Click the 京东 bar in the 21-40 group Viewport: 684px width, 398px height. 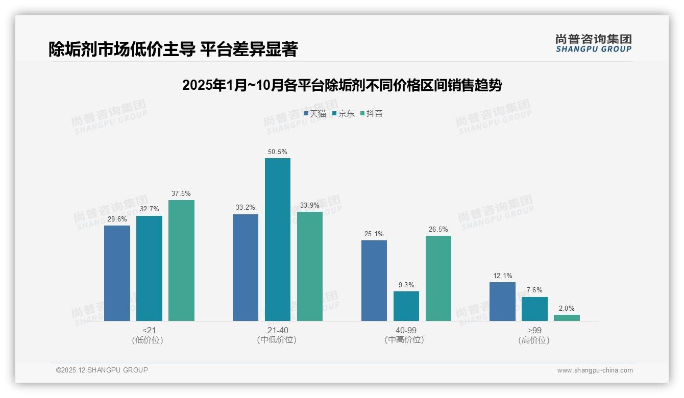tap(277, 239)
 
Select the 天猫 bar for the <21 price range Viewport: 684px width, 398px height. tap(117, 273)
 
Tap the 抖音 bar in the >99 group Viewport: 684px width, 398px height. tap(567, 318)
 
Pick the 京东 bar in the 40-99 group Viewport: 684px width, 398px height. tap(406, 306)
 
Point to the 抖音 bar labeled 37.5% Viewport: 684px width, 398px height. tap(181, 260)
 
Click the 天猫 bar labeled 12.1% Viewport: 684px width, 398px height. tap(502, 302)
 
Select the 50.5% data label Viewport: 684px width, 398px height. tap(277, 152)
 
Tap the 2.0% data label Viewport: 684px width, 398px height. tap(567, 308)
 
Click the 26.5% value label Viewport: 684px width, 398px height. tap(438, 229)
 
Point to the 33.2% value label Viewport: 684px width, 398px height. tap(246, 208)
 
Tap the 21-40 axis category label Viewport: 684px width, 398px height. tap(277, 331)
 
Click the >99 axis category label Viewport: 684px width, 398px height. tap(534, 331)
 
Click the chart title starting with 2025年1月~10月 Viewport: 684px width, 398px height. tap(342, 85)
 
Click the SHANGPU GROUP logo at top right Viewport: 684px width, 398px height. tap(594, 43)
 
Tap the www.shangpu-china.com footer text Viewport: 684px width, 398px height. tap(595, 370)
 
